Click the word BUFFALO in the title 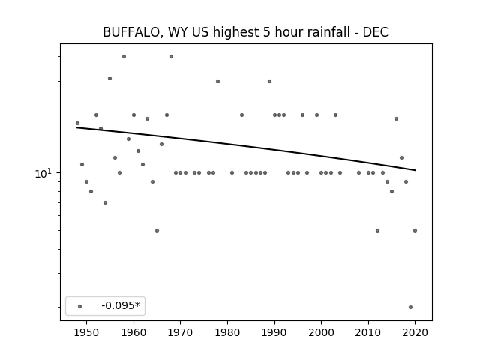(130, 32)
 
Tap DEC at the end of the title (376, 32)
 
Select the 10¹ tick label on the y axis (43, 173)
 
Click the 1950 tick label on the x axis (87, 332)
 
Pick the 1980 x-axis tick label (227, 332)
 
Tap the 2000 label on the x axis (322, 332)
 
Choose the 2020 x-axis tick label (415, 332)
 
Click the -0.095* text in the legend (121, 305)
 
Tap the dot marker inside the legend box (80, 306)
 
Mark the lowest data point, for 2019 (410, 307)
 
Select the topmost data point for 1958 (124, 57)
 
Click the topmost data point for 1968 (172, 57)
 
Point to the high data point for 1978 (218, 82)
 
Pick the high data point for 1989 (270, 82)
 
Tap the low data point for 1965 (157, 230)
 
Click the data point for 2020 (415, 230)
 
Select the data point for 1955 (110, 78)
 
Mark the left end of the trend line (76, 127)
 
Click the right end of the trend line (415, 170)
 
